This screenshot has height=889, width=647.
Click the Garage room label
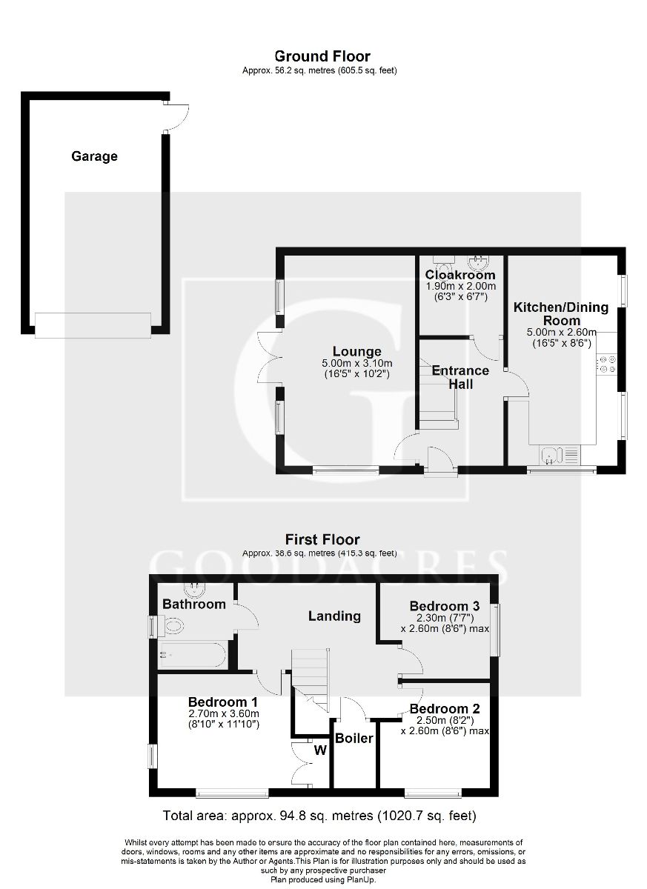[94, 156]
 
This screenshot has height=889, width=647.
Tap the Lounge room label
[356, 352]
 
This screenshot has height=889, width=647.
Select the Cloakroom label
[459, 276]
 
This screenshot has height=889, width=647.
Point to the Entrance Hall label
[460, 377]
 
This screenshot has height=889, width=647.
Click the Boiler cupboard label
[354, 739]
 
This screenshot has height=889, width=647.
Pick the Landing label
[334, 616]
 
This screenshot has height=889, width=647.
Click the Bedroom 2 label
[445, 708]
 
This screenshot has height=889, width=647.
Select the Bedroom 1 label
[222, 702]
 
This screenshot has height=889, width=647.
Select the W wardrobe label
[320, 750]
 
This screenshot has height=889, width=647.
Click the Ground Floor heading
[322, 56]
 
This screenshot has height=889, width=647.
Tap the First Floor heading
[322, 539]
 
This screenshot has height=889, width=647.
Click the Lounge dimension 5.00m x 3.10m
[356, 363]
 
